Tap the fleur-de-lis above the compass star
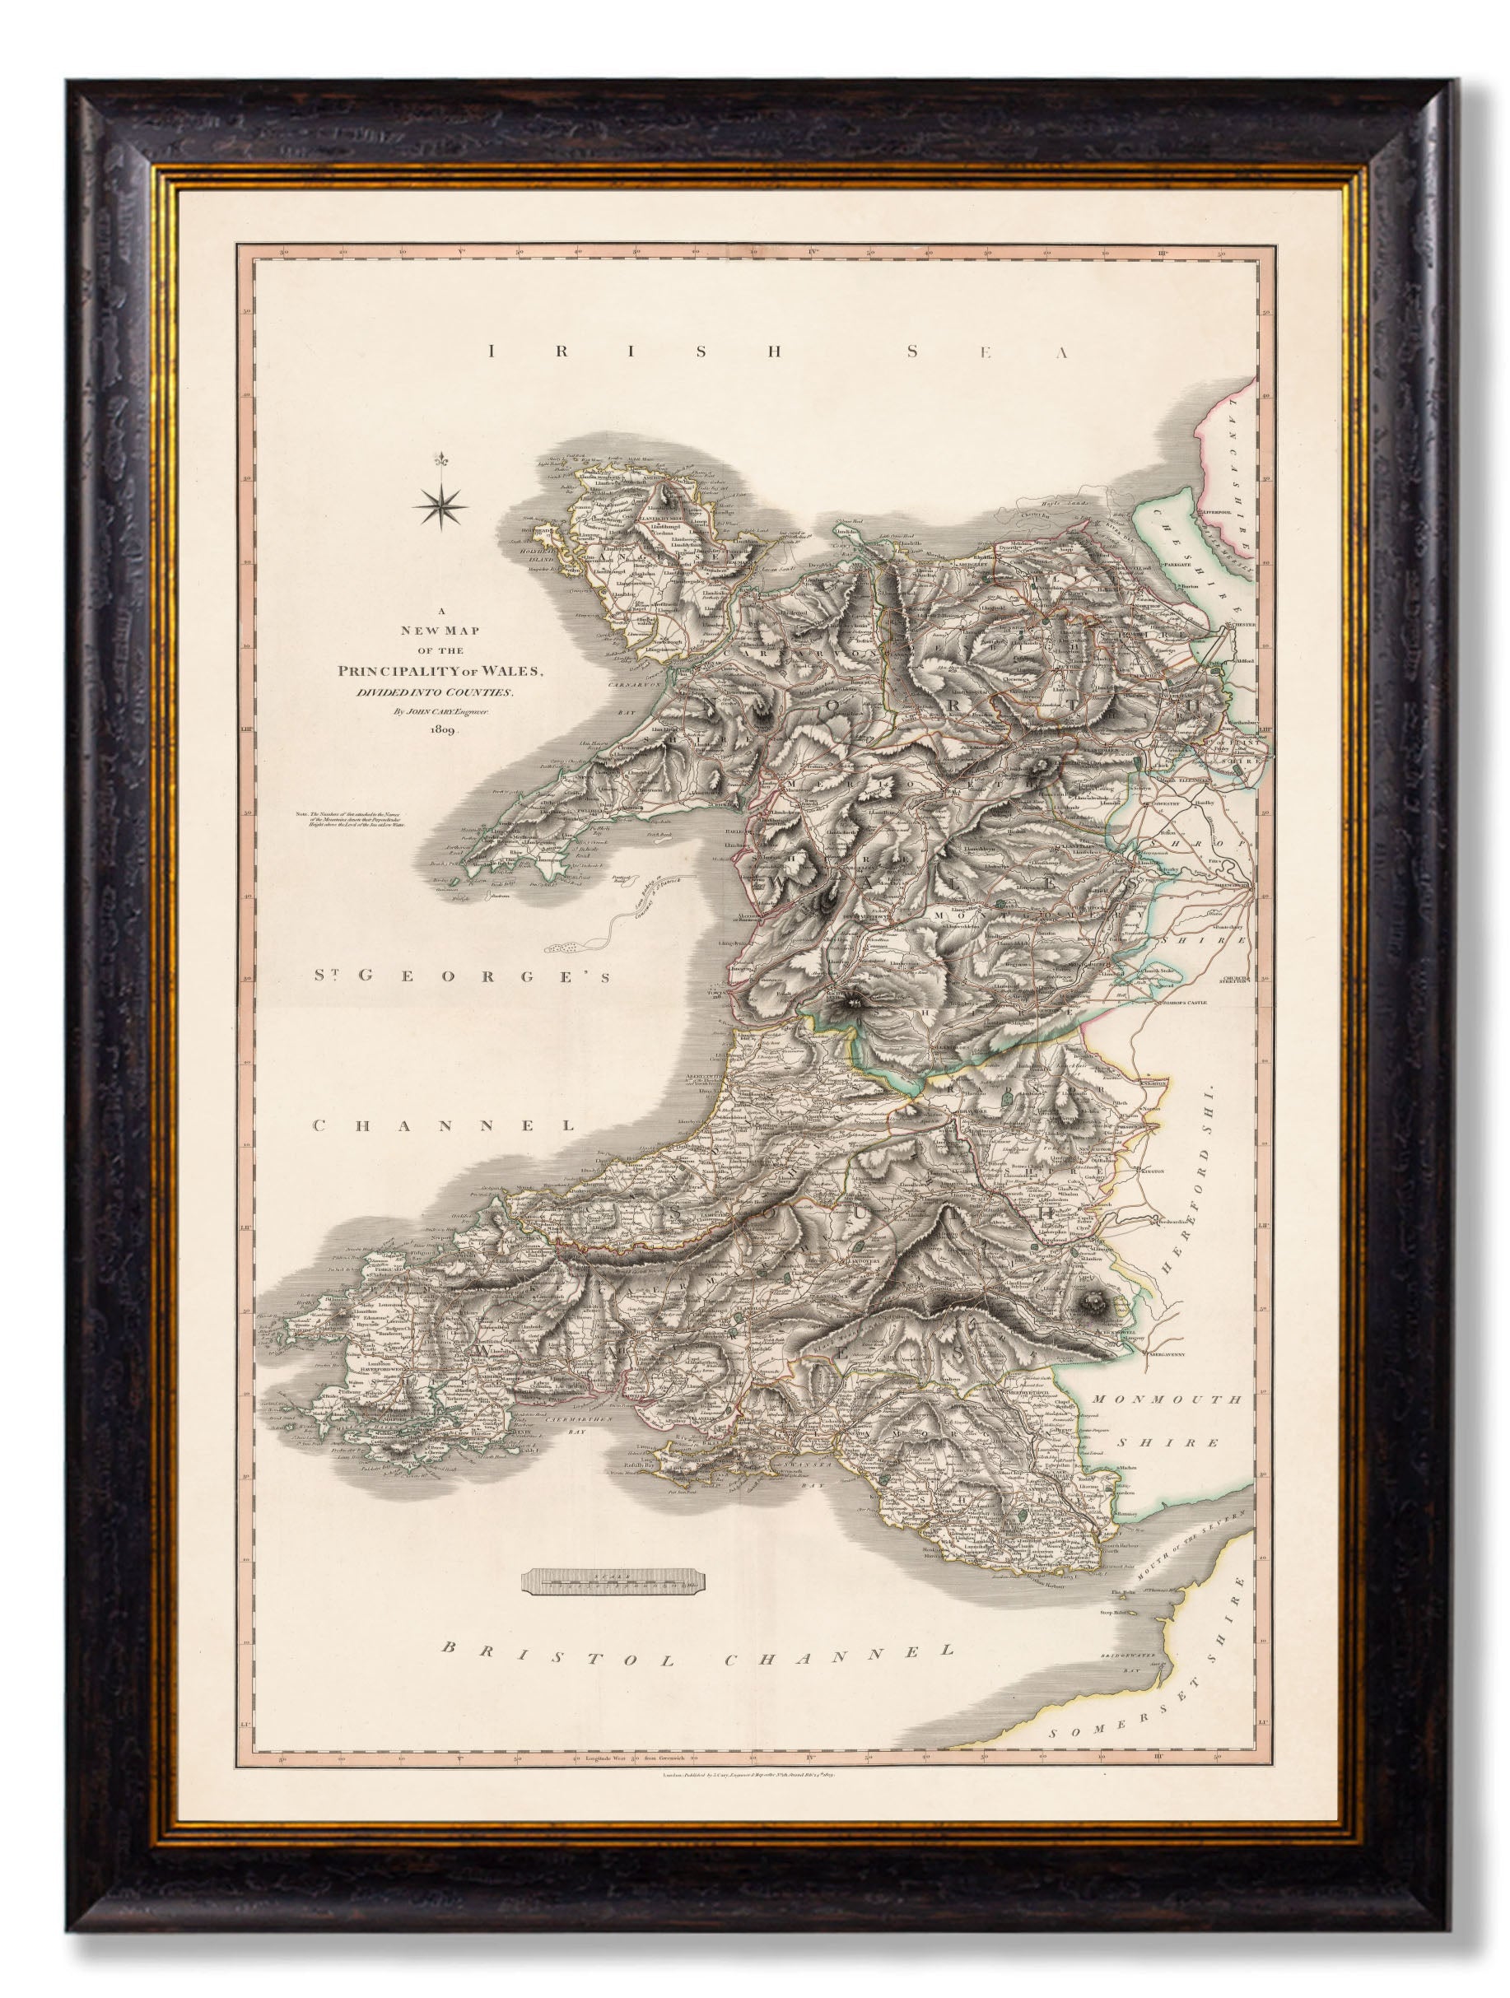441,459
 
